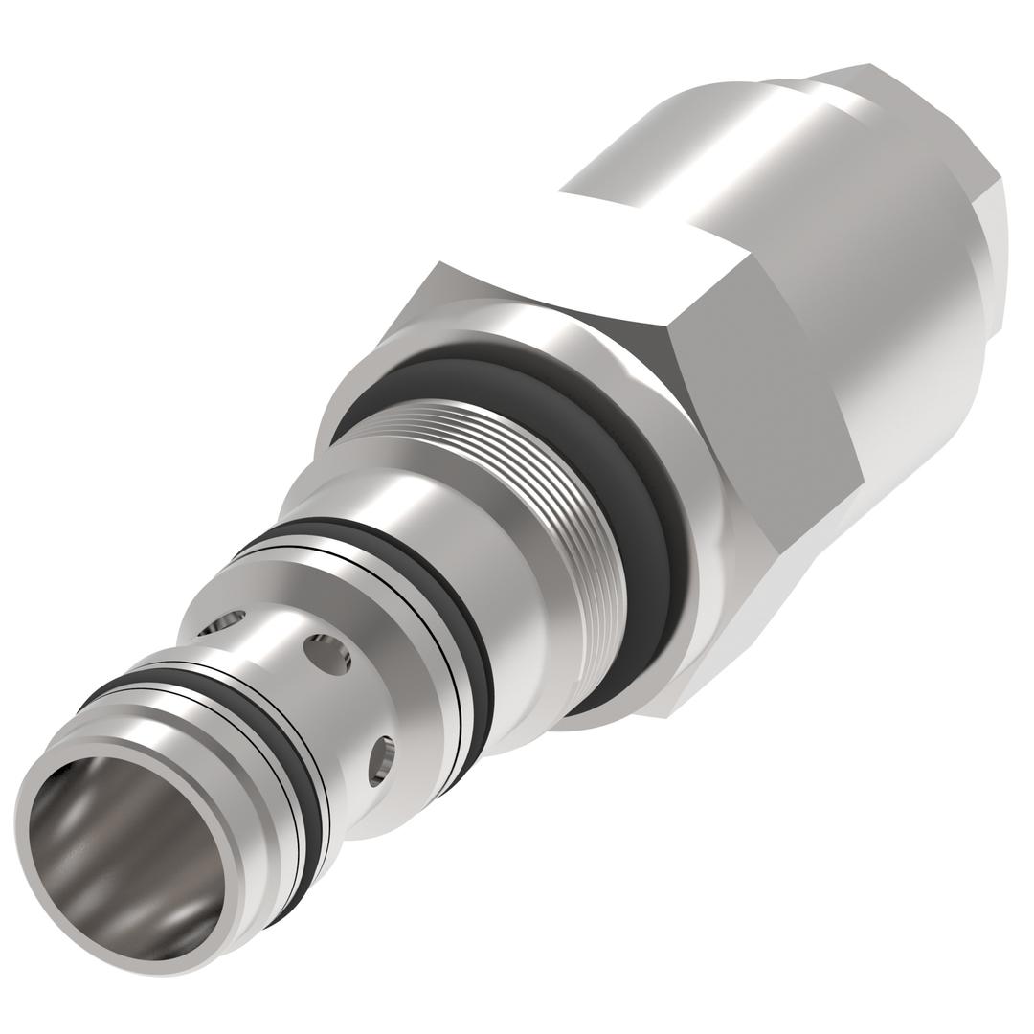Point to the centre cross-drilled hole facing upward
click(326, 654)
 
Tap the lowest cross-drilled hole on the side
click(381, 761)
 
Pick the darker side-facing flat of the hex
click(766, 412)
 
